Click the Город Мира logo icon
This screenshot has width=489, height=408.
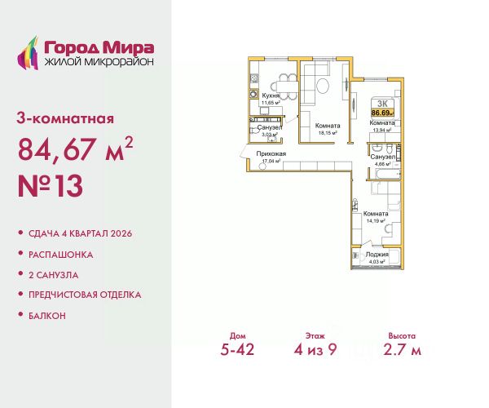29,50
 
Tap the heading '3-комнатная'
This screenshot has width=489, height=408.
64,118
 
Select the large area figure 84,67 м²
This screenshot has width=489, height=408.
74,150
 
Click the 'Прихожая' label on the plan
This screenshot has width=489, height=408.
269,153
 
